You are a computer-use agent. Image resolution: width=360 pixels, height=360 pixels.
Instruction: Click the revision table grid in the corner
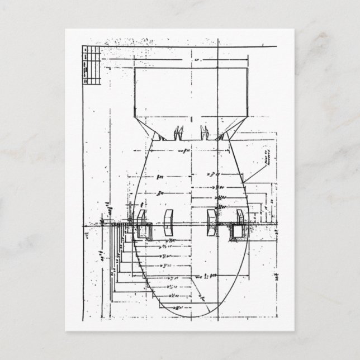[91, 64]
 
